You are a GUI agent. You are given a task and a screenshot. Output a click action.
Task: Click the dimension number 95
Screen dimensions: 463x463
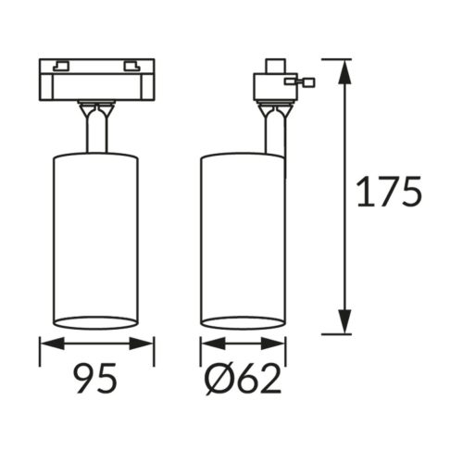point(95,378)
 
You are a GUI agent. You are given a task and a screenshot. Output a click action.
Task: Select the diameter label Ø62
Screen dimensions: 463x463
point(244,378)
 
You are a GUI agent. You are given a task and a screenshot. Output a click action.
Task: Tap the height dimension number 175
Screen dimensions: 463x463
point(389,192)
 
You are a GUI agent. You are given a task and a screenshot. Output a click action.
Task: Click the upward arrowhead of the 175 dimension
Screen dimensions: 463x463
point(344,71)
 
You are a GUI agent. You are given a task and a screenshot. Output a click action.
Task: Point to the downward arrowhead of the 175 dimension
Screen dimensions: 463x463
point(344,321)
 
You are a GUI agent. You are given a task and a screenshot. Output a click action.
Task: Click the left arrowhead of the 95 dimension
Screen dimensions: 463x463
point(53,344)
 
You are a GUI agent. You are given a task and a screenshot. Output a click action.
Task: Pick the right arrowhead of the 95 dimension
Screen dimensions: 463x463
point(142,344)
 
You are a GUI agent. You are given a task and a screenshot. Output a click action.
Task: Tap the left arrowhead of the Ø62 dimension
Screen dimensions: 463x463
point(214,344)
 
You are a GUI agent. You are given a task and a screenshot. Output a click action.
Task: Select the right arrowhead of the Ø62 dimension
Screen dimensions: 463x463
point(273,344)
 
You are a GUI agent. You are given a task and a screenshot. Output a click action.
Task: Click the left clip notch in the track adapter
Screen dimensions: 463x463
point(60,67)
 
